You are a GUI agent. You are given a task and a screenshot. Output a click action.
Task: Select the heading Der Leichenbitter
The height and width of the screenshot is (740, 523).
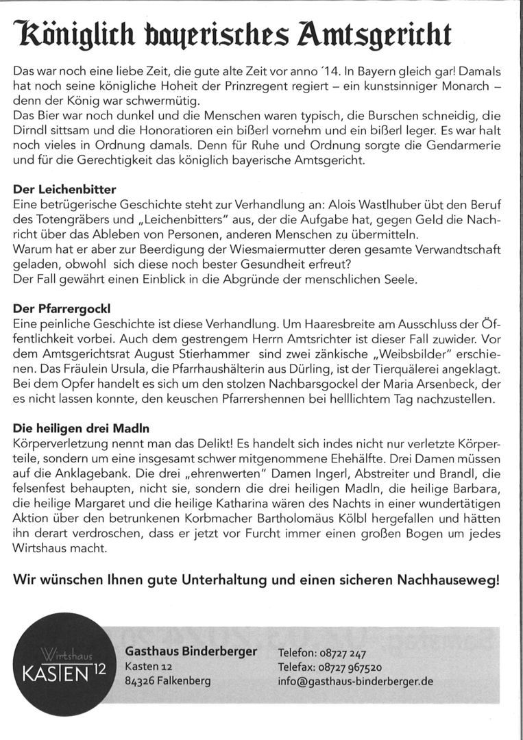(64, 189)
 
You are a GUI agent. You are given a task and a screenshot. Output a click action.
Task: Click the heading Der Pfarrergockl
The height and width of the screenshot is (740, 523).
(62, 308)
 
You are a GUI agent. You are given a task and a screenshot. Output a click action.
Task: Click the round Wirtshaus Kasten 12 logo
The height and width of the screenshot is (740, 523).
(62, 664)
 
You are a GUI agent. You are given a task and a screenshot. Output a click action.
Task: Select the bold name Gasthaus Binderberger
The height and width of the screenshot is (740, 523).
(191, 651)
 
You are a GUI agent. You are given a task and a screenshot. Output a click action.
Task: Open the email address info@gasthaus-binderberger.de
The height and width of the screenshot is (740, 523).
(355, 682)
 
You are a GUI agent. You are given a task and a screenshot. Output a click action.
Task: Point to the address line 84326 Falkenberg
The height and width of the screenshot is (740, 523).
(167, 681)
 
